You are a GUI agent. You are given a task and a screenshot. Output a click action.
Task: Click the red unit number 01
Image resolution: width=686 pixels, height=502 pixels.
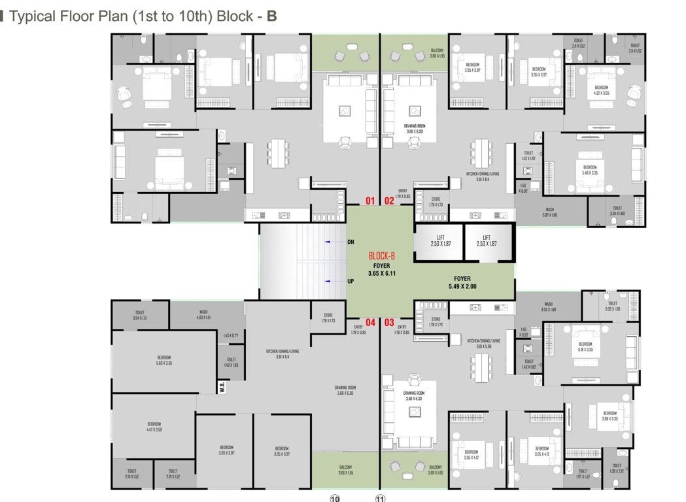click(370, 201)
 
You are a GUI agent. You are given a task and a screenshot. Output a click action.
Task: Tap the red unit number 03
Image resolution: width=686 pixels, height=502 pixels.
click(389, 322)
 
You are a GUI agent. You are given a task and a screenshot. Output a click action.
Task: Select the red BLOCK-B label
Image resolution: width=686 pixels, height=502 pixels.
click(382, 256)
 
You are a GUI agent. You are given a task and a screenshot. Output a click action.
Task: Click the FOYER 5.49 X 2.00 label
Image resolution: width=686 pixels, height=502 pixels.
click(462, 282)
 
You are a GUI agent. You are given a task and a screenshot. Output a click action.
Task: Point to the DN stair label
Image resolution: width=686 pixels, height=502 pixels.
click(351, 243)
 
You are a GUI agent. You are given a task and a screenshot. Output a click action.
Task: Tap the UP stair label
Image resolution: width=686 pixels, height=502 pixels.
click(351, 281)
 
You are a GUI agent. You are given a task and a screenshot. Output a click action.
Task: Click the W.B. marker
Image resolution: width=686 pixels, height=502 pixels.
click(223, 387)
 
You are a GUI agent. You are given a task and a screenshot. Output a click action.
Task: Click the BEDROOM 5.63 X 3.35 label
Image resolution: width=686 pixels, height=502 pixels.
click(163, 360)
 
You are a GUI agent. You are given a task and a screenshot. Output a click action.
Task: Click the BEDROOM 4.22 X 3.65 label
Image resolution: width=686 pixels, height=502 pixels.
click(601, 90)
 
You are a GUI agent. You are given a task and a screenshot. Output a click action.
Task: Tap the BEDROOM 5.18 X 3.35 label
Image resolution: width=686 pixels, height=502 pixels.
click(585, 346)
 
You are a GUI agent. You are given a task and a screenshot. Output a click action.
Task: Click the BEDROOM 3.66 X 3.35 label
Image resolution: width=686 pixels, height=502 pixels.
click(609, 416)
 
